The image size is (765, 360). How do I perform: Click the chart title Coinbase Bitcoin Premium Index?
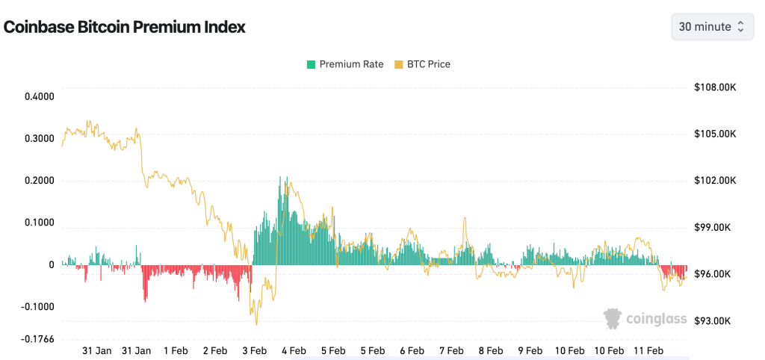pyautogui.click(x=125, y=27)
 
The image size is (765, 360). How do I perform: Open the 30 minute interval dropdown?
pyautogui.click(x=710, y=27)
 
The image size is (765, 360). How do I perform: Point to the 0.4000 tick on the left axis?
pyautogui.click(x=39, y=96)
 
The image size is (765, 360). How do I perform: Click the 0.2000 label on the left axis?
pyautogui.click(x=39, y=181)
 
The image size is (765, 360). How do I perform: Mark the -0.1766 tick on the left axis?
pyautogui.click(x=37, y=339)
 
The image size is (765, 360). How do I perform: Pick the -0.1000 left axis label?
pyautogui.click(x=37, y=307)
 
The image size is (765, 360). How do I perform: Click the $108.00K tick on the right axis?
pyautogui.click(x=715, y=87)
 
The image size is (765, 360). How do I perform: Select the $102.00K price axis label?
pyautogui.click(x=715, y=181)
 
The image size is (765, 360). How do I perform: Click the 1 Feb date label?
pyautogui.click(x=175, y=350)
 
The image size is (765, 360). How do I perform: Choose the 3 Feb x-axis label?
pyautogui.click(x=254, y=350)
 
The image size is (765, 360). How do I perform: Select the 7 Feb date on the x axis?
pyautogui.click(x=451, y=350)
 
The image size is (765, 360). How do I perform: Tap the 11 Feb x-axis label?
pyautogui.click(x=648, y=350)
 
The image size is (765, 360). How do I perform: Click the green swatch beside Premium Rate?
pyautogui.click(x=311, y=64)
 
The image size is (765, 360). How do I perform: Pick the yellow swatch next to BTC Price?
pyautogui.click(x=398, y=64)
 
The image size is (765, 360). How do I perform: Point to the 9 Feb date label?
pyautogui.click(x=530, y=350)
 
